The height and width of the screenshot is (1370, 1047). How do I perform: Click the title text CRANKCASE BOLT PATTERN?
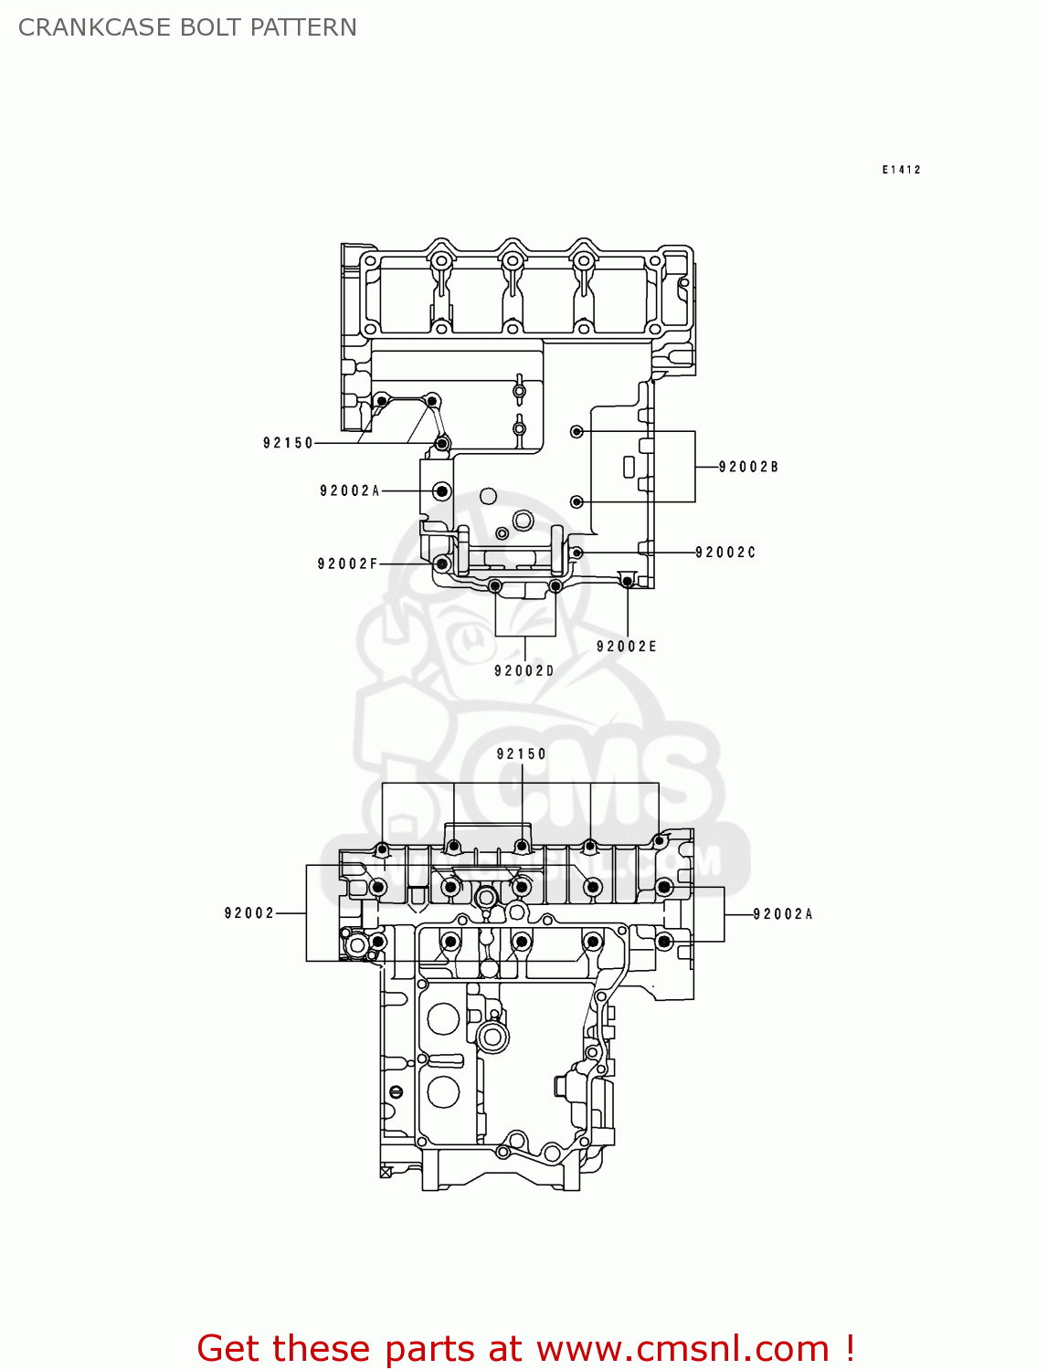pos(187,27)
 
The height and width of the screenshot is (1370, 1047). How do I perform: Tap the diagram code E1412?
pos(901,170)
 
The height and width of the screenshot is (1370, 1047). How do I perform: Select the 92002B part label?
pos(748,467)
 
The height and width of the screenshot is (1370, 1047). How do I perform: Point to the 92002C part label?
pos(725,553)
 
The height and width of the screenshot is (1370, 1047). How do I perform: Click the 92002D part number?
pos(524,671)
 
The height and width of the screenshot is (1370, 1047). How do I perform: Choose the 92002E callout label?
pos(627,647)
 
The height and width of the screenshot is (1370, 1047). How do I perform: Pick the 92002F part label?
pos(347,564)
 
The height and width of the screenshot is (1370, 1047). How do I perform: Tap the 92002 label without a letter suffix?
pos(249,913)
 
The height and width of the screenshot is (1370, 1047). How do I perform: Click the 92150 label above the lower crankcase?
pos(522,754)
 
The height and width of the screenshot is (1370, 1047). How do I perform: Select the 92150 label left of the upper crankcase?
pos(288,443)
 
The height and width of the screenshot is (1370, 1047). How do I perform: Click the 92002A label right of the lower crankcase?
pos(783,914)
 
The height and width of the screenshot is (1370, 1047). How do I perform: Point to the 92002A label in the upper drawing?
pos(349,491)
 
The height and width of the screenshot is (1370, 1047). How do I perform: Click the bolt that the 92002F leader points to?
pos(442,564)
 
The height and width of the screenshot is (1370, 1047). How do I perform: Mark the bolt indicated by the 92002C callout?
pos(576,553)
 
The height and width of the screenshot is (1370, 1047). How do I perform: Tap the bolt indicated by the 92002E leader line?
pos(627,581)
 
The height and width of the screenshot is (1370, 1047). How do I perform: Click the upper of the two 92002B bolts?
pos(576,431)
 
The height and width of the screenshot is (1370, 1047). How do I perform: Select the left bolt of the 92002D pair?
pos(495,586)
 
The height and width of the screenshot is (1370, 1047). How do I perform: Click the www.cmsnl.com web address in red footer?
pos(682,1349)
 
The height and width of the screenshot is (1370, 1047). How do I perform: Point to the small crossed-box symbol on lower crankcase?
pos(386,1172)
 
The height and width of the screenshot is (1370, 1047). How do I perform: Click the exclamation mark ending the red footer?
pos(850,1349)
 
